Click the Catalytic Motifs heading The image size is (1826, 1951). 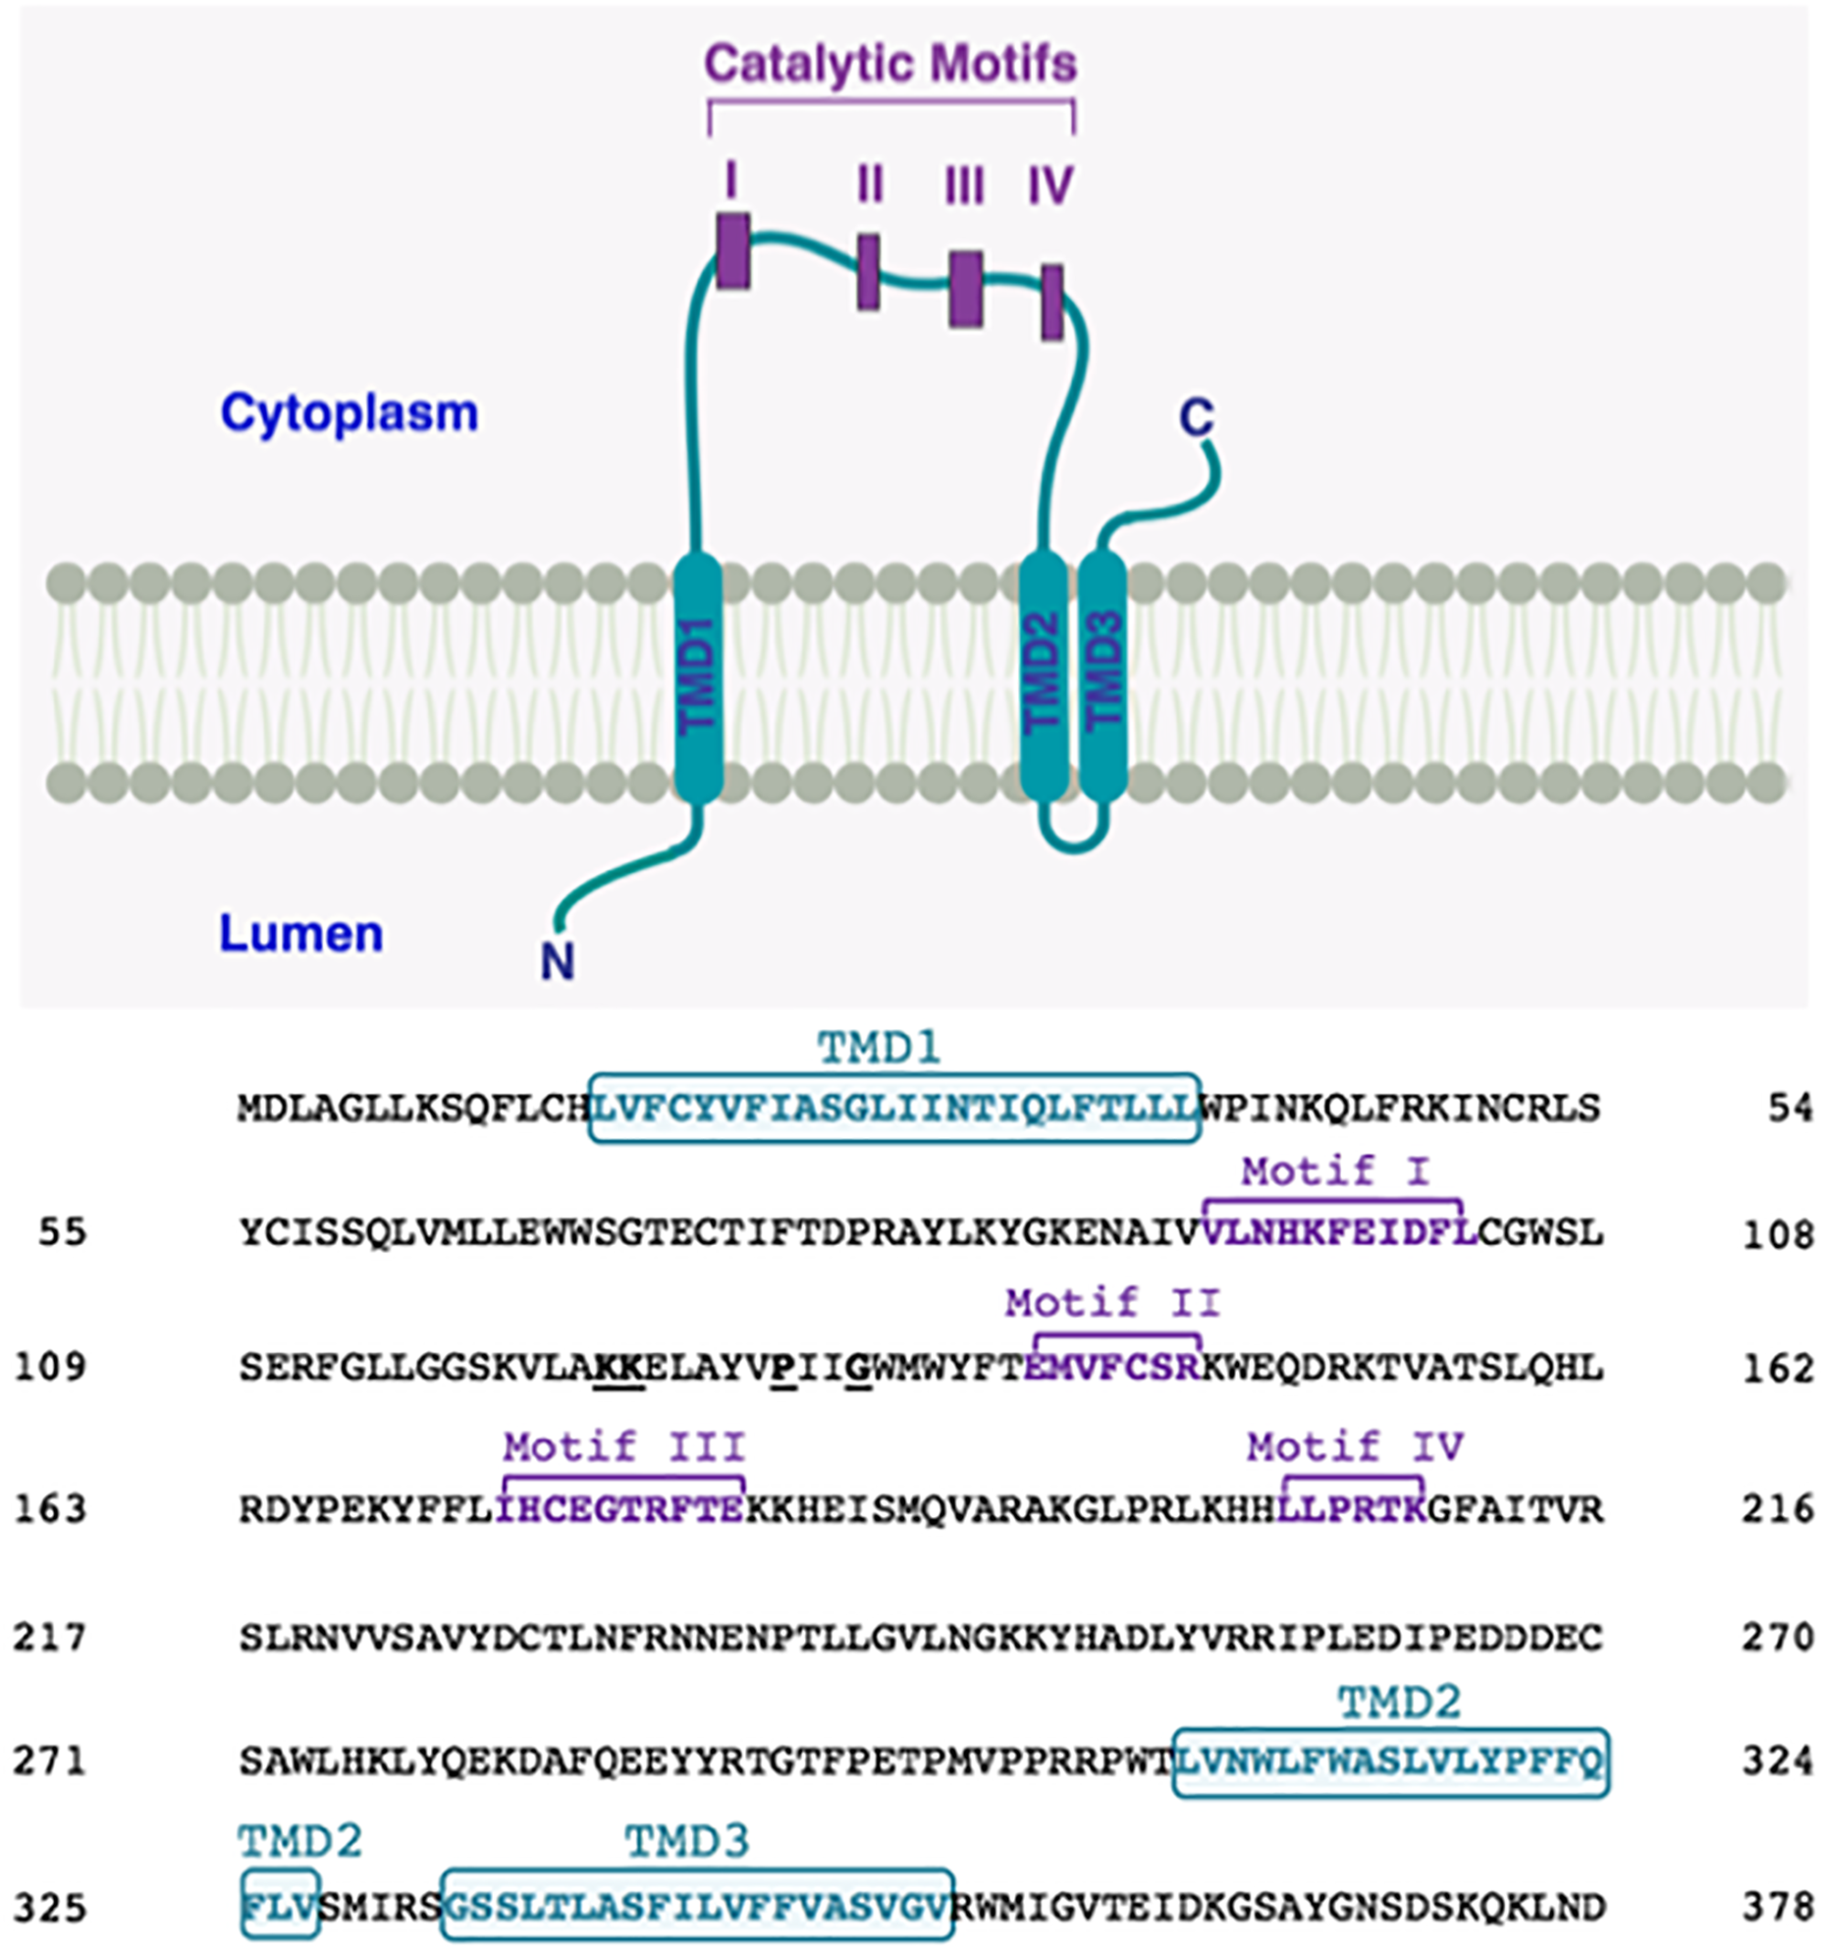click(890, 64)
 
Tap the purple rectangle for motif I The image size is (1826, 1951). click(733, 251)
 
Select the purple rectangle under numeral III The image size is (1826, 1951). click(965, 289)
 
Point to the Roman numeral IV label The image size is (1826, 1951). click(1050, 185)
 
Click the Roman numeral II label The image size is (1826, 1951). click(869, 185)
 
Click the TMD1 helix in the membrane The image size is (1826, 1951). click(698, 677)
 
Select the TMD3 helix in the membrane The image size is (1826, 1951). click(1104, 677)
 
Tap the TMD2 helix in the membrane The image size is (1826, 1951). click(1043, 677)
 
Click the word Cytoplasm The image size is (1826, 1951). click(350, 413)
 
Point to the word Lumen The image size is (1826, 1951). click(300, 933)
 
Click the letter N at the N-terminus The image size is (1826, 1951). click(557, 961)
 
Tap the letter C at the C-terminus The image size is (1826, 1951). click(1197, 418)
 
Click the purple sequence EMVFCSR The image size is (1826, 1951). click(1112, 1366)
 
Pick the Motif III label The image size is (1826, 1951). click(624, 1447)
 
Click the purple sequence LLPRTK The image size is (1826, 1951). click(1351, 1508)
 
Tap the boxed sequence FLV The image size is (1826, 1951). click(279, 1907)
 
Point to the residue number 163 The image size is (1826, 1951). click(50, 1508)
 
